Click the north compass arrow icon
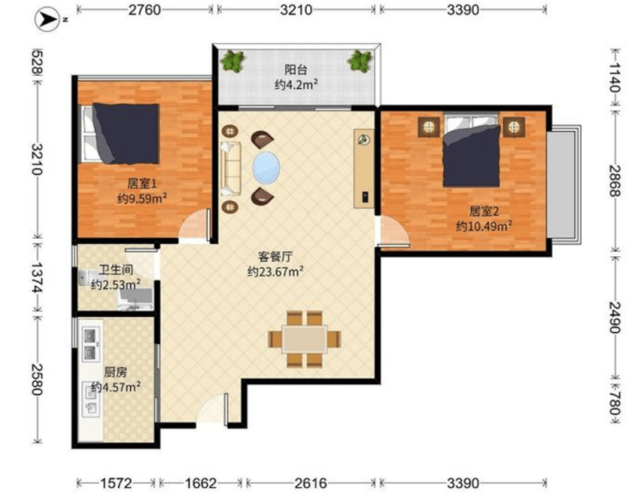point(47,19)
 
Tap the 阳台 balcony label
point(296,70)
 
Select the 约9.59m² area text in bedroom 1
point(142,198)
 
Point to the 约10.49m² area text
point(484,226)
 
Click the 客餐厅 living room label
point(276,256)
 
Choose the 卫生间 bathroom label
point(116,270)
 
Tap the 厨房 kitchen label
point(116,372)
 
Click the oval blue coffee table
point(266,167)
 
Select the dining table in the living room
point(304,339)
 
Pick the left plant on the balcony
point(233,61)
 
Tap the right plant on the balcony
point(360,61)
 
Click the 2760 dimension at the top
point(145,9)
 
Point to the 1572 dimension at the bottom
point(116,484)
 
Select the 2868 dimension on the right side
point(615,181)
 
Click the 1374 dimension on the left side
point(37,278)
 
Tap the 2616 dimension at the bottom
point(310,484)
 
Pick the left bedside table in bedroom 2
point(428,128)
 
